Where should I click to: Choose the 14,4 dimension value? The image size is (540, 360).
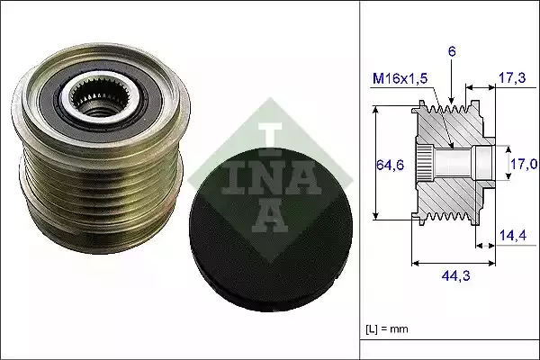(x=512, y=236)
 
